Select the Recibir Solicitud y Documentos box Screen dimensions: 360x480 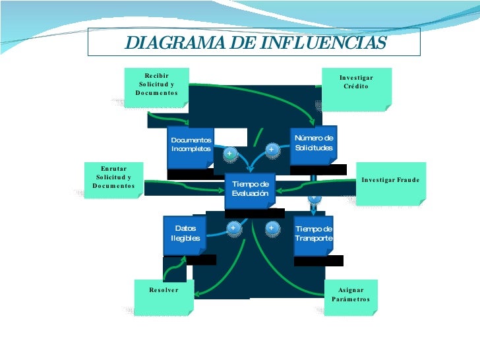pyautogui.click(x=157, y=85)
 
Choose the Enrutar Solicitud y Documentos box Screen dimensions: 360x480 pyautogui.click(x=113, y=178)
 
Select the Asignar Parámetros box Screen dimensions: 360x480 pyautogui.click(x=351, y=296)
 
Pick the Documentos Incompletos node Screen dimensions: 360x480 pyautogui.click(x=191, y=145)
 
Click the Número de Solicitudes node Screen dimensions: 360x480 pyautogui.click(x=314, y=144)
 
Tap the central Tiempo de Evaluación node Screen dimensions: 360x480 pyautogui.click(x=250, y=189)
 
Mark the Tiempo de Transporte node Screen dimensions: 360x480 pyautogui.click(x=314, y=233)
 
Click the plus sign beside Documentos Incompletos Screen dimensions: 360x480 pyautogui.click(x=229, y=154)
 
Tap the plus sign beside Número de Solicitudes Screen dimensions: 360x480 pyautogui.click(x=271, y=150)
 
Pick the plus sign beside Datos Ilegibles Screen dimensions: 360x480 pyautogui.click(x=233, y=228)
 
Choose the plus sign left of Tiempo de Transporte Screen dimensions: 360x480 pyautogui.click(x=271, y=228)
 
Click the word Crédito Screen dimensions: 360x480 pyautogui.click(x=356, y=87)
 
